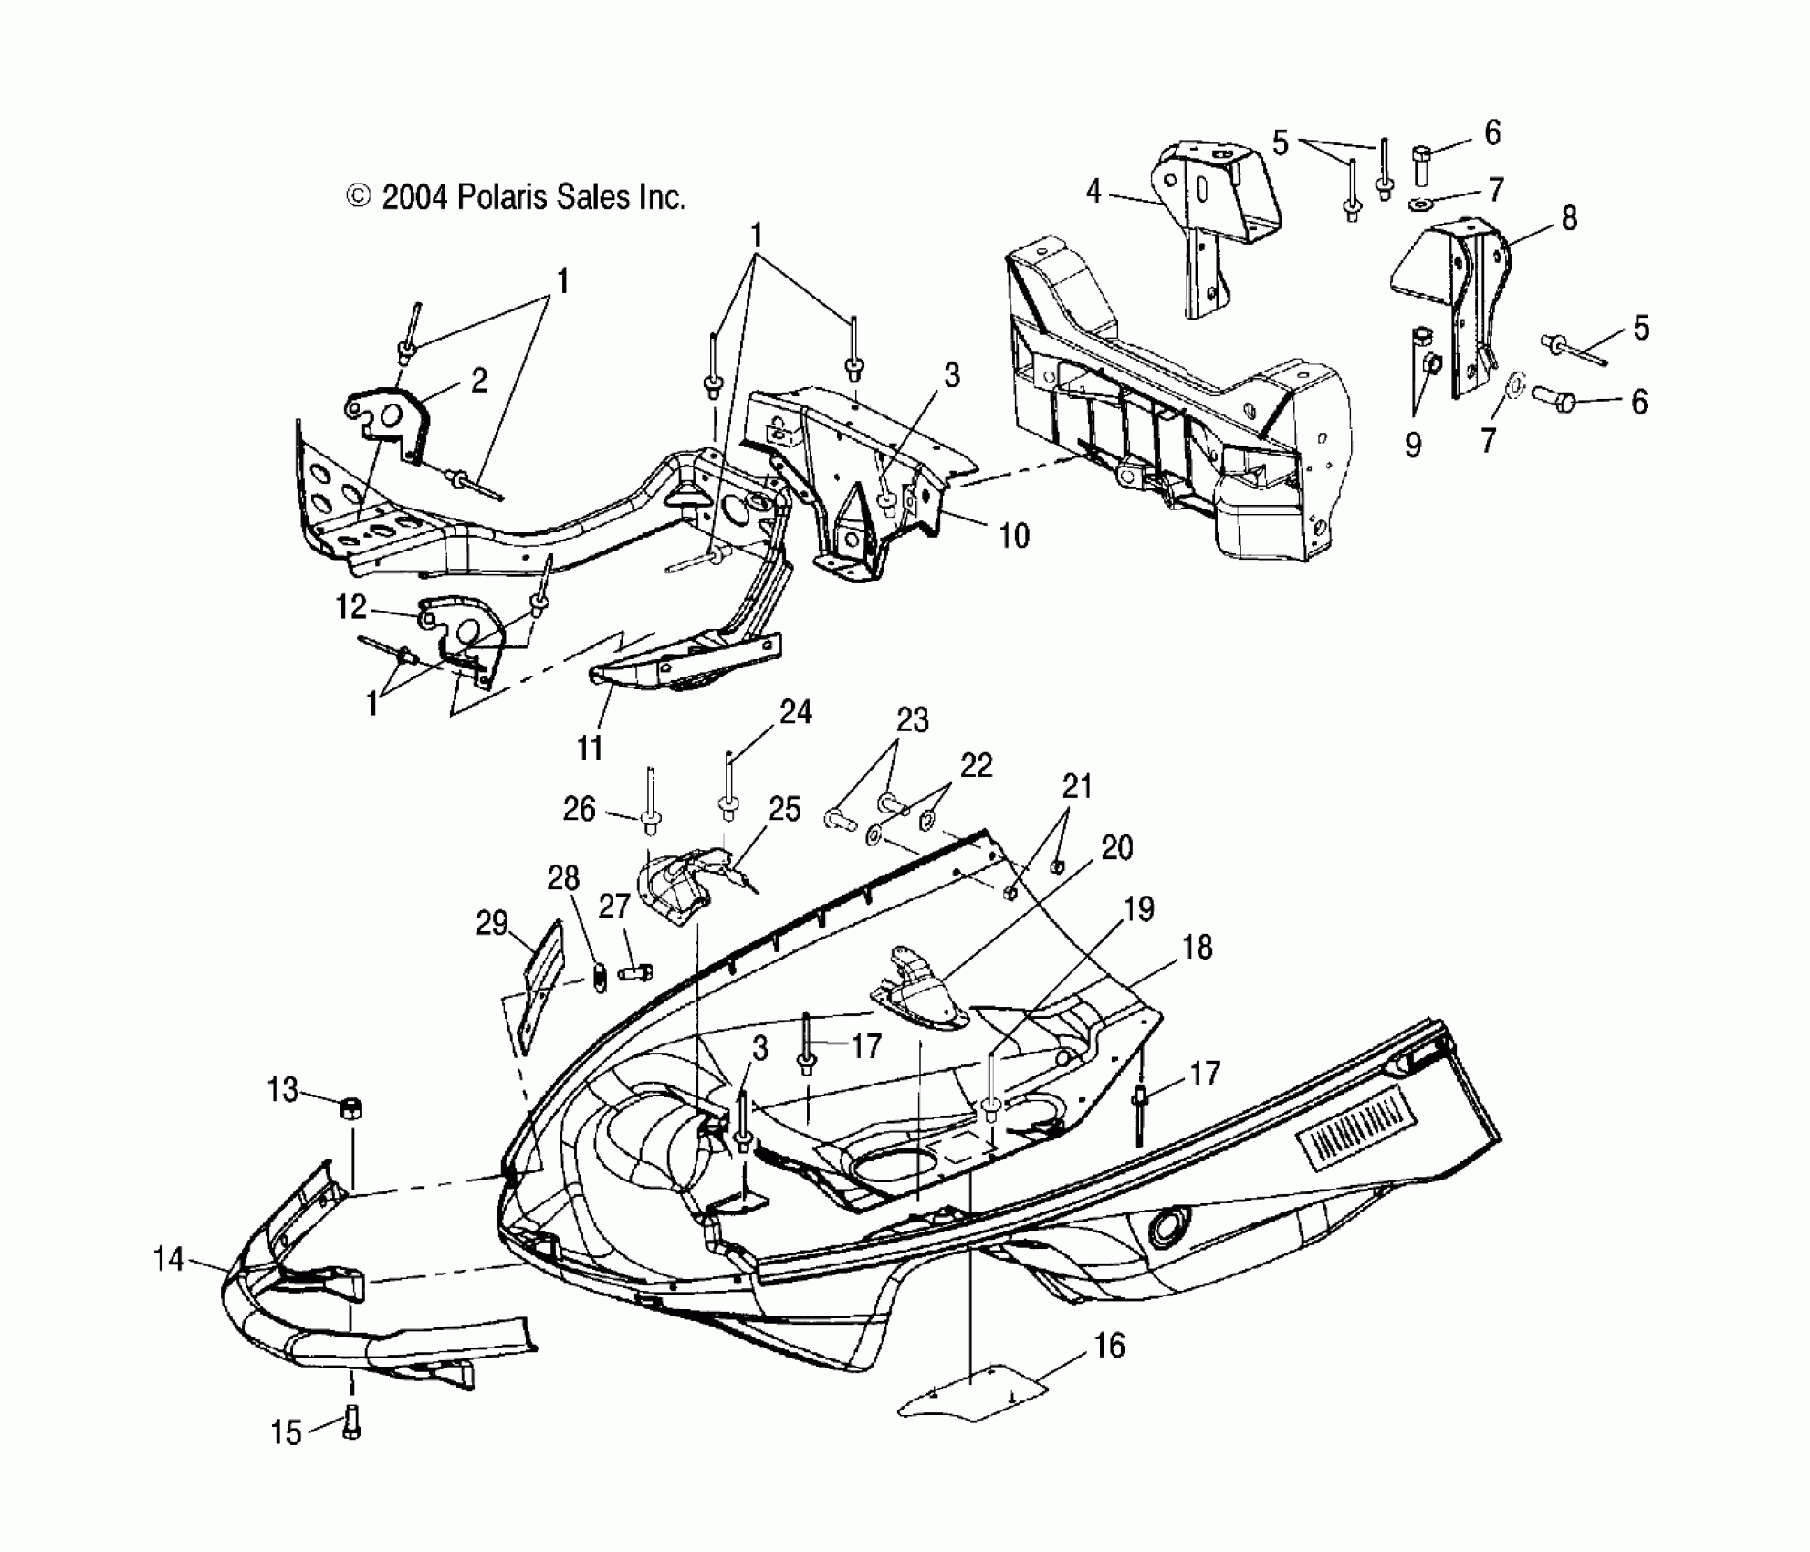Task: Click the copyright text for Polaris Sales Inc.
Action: coord(516,197)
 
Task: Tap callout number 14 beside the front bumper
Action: coord(169,1261)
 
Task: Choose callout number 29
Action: coord(491,923)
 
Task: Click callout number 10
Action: coord(1013,536)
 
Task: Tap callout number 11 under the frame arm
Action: coord(590,748)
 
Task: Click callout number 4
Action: coord(1093,192)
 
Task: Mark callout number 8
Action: coord(1569,219)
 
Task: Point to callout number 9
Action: coord(1412,445)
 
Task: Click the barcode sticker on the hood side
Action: coord(1354,1135)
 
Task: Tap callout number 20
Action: coord(1117,847)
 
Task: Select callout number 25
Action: coord(784,809)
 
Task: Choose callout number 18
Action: coord(1197,948)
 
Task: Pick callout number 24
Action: coord(796,712)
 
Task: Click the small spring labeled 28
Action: coord(600,977)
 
